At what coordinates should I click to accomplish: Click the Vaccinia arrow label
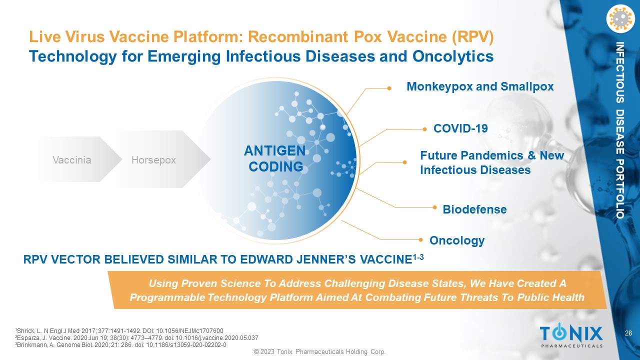(x=72, y=160)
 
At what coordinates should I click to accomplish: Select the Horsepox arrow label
(x=153, y=160)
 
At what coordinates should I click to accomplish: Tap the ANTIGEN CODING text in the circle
(x=275, y=158)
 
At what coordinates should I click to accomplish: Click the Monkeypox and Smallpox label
(x=480, y=86)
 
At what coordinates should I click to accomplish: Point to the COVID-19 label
(x=460, y=128)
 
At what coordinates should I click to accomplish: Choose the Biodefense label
(x=474, y=209)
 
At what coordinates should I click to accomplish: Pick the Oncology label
(x=457, y=240)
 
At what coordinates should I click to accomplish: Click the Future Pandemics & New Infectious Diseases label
(x=492, y=163)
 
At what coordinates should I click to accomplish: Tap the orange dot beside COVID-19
(x=424, y=129)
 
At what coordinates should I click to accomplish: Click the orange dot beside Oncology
(x=420, y=239)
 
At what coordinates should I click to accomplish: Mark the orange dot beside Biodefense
(x=434, y=207)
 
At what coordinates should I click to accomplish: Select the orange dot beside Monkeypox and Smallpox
(x=389, y=88)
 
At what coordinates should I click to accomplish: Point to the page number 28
(x=628, y=333)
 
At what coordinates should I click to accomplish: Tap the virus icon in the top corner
(x=620, y=19)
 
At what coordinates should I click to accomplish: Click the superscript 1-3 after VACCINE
(x=417, y=257)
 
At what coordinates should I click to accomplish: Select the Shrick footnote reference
(x=119, y=331)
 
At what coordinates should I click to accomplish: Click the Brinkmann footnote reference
(x=120, y=345)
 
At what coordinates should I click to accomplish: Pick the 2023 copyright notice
(x=319, y=351)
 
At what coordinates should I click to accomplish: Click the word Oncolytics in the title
(x=453, y=56)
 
